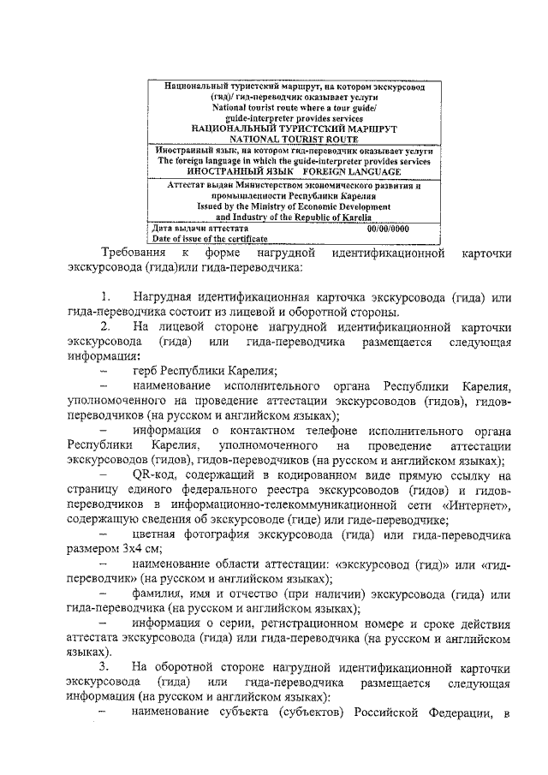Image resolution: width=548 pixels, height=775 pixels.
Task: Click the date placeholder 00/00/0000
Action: click(388, 229)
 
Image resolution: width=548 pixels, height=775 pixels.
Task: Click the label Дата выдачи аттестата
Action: click(200, 229)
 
